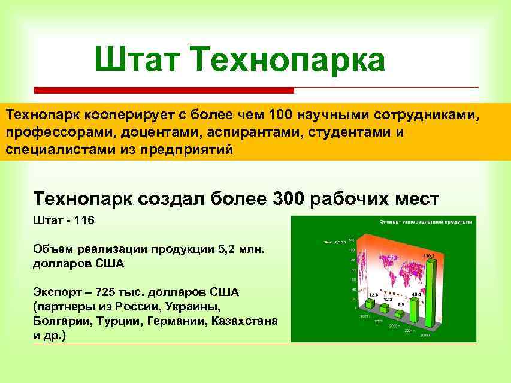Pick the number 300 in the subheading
click(x=289, y=198)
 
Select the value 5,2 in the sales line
click(x=225, y=249)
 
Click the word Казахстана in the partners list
click(x=244, y=321)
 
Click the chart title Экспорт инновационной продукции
click(x=426, y=222)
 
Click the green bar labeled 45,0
click(x=415, y=309)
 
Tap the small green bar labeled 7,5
click(x=398, y=313)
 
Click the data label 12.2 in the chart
click(x=388, y=298)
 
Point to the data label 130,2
click(x=428, y=256)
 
